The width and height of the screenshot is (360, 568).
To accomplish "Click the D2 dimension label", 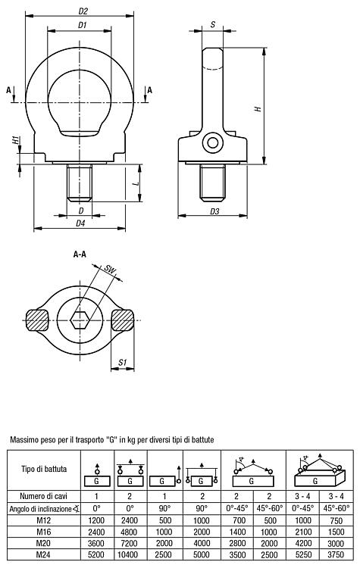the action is pos(83,11).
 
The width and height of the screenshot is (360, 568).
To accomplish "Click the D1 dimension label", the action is pos(83,25).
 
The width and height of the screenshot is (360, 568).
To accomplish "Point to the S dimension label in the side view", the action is pos(213,25).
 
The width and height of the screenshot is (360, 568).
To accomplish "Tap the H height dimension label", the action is pos(258,108).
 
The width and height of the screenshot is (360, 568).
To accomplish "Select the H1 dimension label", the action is pos(16,140).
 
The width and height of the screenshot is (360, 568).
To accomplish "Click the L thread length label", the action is pos(136,184).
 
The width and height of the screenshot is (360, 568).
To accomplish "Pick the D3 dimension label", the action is pos(214,211).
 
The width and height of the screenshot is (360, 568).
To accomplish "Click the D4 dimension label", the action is pos(80,223).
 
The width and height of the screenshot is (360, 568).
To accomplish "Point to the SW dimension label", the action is pos(109,270).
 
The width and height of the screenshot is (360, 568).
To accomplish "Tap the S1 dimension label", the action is pos(123,362).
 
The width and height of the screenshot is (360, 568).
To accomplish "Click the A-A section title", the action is pos(80,254).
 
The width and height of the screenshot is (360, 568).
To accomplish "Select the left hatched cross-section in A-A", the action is pos(37,320).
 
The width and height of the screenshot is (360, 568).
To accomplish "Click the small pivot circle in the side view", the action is pos(213,142).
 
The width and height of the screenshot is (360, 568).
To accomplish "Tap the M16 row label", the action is pos(43,532).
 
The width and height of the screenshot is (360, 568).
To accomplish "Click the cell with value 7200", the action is pos(130,543).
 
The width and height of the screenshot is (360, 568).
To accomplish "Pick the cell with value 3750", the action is pos(336,554).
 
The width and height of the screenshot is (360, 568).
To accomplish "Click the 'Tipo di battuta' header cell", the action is pos(44,470).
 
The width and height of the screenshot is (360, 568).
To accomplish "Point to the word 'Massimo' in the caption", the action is pos(23,440).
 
